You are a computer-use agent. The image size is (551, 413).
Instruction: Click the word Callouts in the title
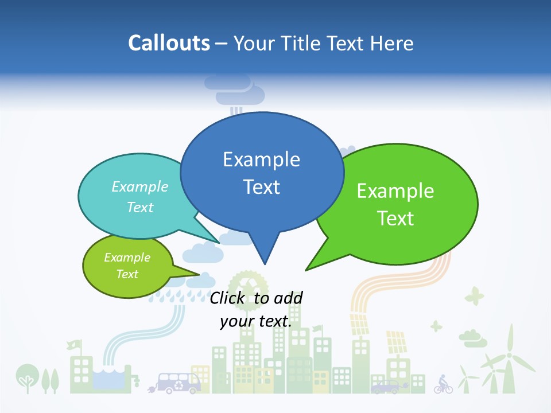[169, 43]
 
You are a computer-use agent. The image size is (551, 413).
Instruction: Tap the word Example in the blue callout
[261, 159]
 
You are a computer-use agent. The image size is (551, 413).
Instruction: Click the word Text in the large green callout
[396, 219]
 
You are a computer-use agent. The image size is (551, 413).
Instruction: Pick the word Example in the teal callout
[140, 186]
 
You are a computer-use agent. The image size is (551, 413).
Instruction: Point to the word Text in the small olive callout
[127, 274]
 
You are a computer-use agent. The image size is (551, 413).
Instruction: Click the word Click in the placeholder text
[228, 298]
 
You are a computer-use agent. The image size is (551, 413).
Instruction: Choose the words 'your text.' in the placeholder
[256, 321]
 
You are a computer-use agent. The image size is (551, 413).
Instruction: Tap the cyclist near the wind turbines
[443, 384]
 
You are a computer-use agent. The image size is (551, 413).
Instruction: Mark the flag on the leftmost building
[73, 345]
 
